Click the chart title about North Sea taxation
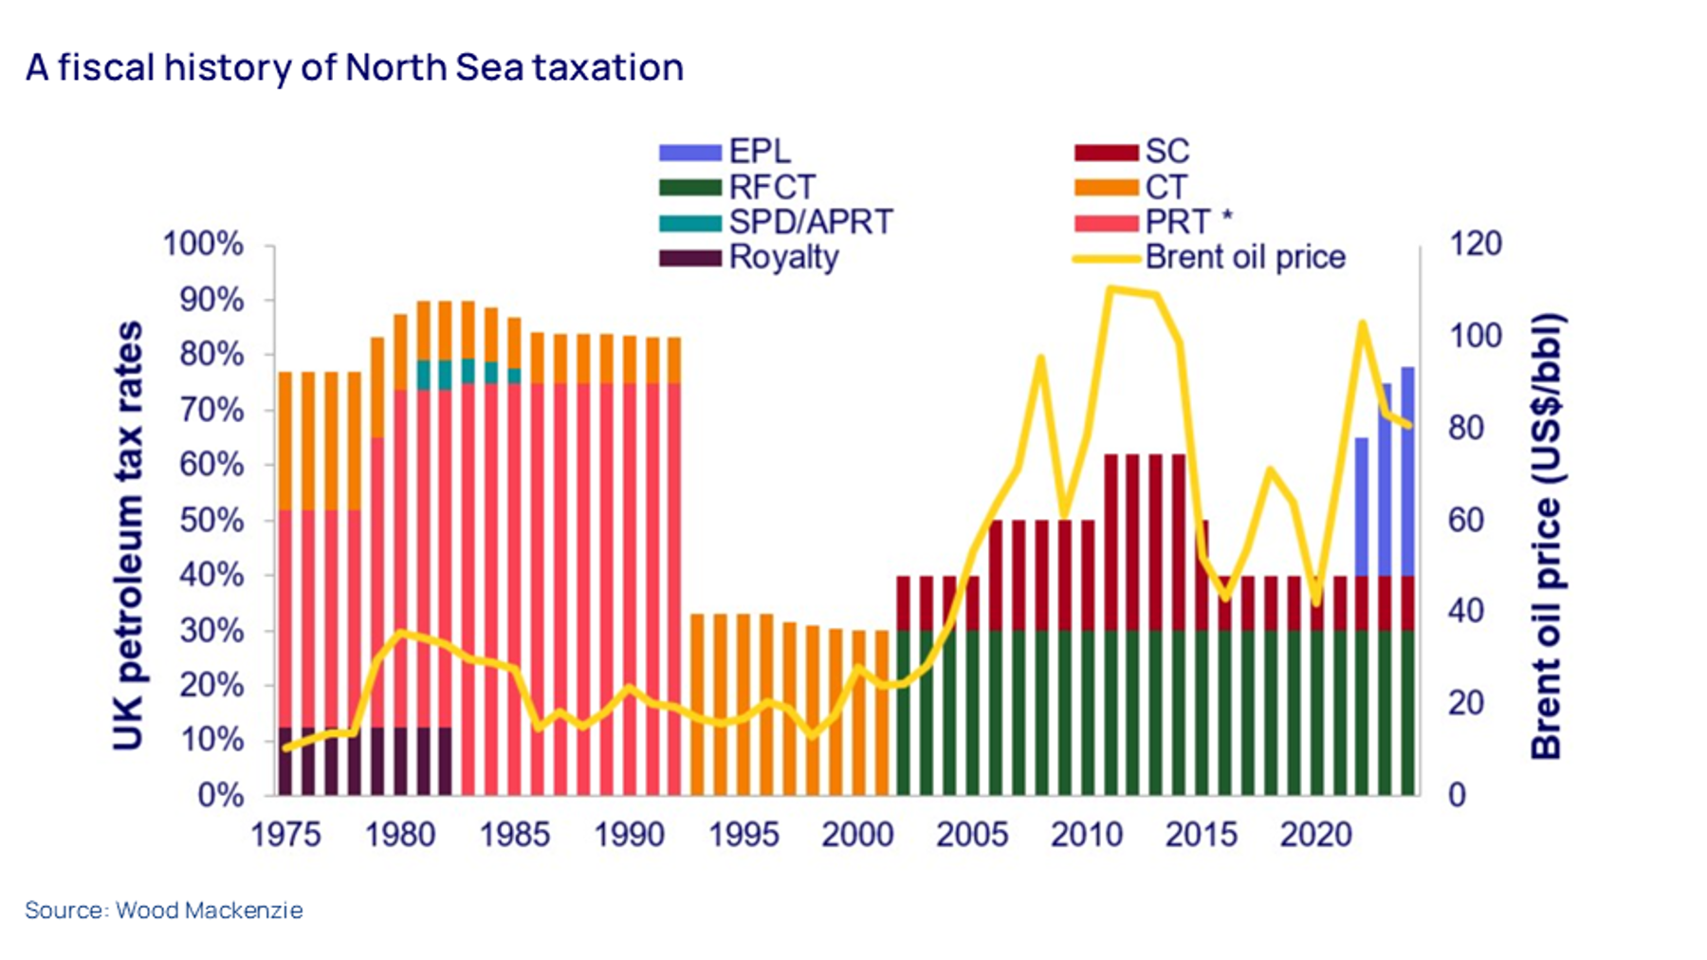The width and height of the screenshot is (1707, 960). click(355, 68)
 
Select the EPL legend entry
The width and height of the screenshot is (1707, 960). click(759, 152)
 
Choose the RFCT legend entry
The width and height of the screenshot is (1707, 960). click(771, 187)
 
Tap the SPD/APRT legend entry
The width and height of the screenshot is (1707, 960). click(810, 222)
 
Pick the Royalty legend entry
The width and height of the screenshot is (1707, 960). click(783, 257)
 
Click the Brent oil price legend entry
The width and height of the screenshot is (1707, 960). click(1244, 257)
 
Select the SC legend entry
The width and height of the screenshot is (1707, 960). click(1166, 152)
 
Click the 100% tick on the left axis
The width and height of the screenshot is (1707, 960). click(203, 244)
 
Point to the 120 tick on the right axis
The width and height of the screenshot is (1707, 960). click(1476, 244)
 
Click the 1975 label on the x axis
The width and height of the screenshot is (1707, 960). click(285, 835)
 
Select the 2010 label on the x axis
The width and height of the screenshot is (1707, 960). click(1087, 835)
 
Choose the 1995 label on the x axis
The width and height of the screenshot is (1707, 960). click(743, 835)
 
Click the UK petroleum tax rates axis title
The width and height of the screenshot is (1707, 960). click(128, 536)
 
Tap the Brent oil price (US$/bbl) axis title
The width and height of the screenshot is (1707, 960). click(1547, 536)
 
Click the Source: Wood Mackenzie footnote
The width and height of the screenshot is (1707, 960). click(164, 911)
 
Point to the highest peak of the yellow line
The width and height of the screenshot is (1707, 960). click(1110, 288)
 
